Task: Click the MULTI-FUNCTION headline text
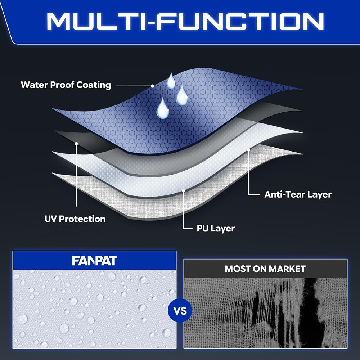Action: pyautogui.click(x=185, y=22)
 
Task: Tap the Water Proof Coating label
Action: pyautogui.click(x=66, y=85)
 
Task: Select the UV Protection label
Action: pyautogui.click(x=75, y=219)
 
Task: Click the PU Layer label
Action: pyautogui.click(x=216, y=229)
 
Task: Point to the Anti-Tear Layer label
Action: pyautogui.click(x=298, y=194)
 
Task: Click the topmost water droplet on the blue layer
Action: pyautogui.click(x=171, y=81)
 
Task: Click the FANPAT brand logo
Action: pyautogui.click(x=94, y=261)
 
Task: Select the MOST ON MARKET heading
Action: pyautogui.click(x=265, y=269)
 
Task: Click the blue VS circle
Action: pyautogui.click(x=180, y=311)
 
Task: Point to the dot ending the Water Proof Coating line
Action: pyautogui.click(x=152, y=86)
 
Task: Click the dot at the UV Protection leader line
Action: pyautogui.click(x=76, y=144)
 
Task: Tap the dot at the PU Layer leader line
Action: pyautogui.click(x=184, y=191)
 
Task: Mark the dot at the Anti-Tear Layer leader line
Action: pyautogui.click(x=248, y=150)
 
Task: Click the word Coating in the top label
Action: pyautogui.click(x=94, y=85)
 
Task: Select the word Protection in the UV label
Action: pyautogui.click(x=82, y=219)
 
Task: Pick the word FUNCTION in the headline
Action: pyautogui.click(x=240, y=22)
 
